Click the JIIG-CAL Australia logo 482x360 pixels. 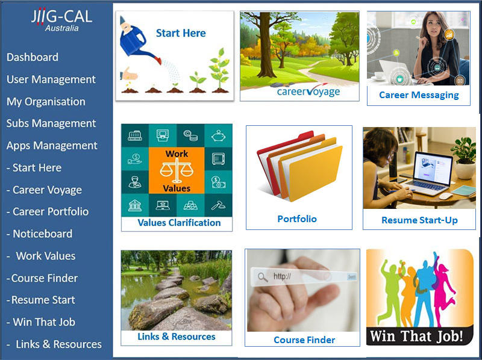pos(61,20)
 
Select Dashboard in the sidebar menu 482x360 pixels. pos(33,57)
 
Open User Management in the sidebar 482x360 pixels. pos(51,79)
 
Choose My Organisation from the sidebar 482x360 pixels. pos(46,102)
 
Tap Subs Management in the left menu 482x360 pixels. pos(51,123)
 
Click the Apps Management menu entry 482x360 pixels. pos(52,146)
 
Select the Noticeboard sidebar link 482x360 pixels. pos(40,234)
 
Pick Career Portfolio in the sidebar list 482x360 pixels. pos(48,212)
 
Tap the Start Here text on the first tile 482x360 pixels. pos(181,33)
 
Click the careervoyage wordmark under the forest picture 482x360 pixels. pos(308,92)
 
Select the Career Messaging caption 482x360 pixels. pos(419,95)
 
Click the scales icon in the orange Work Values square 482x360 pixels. pos(177,171)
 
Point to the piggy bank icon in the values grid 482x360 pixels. pos(218,135)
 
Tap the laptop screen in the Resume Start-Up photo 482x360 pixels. pos(433,168)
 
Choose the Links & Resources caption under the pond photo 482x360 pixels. pos(177,337)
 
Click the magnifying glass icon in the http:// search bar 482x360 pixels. pos(263,277)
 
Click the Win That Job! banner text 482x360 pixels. pos(416,336)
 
